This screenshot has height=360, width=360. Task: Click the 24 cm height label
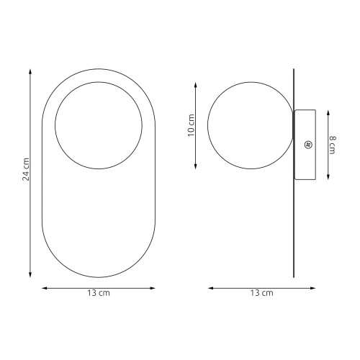pyautogui.click(x=26, y=169)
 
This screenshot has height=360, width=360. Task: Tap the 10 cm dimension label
pyautogui.click(x=191, y=125)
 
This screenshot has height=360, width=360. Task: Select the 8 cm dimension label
pyautogui.click(x=333, y=145)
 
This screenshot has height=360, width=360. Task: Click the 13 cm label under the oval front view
pyautogui.click(x=99, y=293)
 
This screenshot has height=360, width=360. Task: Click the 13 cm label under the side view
pyautogui.click(x=262, y=293)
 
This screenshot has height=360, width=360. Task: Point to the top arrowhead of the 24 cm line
pyautogui.click(x=30, y=71)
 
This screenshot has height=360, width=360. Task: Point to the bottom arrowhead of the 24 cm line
pyautogui.click(x=30, y=275)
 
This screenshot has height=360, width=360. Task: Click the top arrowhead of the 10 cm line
pyautogui.click(x=196, y=85)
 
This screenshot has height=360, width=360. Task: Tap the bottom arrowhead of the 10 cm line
pyautogui.click(x=196, y=166)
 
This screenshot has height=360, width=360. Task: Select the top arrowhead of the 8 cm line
pyautogui.click(x=328, y=113)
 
